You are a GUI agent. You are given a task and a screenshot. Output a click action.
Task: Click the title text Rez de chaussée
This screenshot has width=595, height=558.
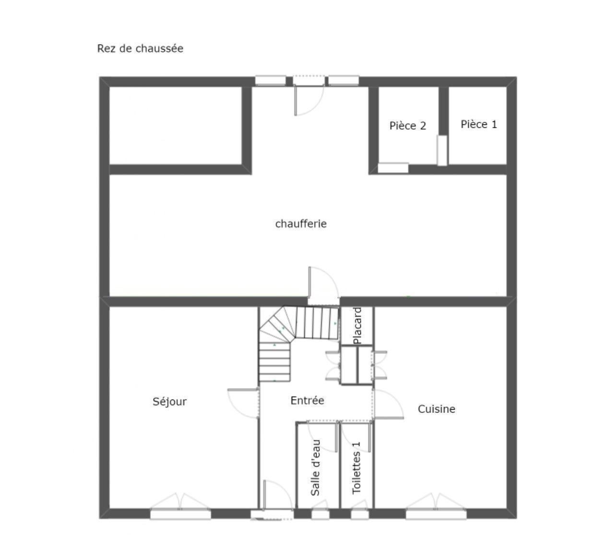[140, 49]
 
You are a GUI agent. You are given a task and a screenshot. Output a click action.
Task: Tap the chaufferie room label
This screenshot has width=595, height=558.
[301, 224]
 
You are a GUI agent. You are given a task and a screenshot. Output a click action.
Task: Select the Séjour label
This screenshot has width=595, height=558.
[169, 401]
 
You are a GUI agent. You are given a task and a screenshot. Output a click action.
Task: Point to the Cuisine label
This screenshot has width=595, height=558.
[437, 409]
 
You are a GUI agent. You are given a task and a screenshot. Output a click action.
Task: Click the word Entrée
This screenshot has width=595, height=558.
[308, 400]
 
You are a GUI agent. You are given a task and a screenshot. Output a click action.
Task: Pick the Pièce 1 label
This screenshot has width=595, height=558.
[479, 124]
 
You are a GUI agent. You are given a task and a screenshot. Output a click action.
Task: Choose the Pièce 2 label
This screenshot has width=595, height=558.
[408, 126]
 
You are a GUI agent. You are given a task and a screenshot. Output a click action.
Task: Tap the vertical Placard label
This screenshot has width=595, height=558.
[357, 326]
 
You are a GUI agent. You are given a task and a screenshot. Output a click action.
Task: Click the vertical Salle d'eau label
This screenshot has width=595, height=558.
[315, 468]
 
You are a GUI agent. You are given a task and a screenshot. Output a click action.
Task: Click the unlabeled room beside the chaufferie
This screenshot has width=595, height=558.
[176, 125]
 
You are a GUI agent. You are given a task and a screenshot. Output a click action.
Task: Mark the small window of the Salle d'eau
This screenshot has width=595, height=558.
[320, 514]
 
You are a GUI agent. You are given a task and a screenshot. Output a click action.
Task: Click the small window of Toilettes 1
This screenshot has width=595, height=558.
[360, 514]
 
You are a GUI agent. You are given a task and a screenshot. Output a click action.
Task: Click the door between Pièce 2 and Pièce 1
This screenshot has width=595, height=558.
[442, 150]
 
